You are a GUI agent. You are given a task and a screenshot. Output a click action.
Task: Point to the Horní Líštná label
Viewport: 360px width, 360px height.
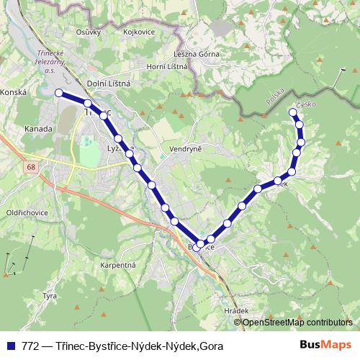(167, 67)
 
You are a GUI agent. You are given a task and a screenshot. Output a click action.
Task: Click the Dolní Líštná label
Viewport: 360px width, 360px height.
(108, 84)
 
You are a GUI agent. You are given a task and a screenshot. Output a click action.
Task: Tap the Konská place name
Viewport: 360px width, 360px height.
(13, 93)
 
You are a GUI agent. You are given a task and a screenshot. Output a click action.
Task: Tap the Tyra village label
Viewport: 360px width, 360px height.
(50, 296)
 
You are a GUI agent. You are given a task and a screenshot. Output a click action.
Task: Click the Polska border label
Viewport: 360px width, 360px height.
(274, 96)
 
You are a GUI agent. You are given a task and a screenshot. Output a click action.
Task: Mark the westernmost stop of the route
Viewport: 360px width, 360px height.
(59, 92)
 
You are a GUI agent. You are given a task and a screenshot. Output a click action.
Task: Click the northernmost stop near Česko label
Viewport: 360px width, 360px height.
(292, 111)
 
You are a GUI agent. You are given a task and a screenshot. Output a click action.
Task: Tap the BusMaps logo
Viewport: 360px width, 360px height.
(325, 346)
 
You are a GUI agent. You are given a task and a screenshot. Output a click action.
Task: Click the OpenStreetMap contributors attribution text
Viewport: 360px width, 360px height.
(297, 322)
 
